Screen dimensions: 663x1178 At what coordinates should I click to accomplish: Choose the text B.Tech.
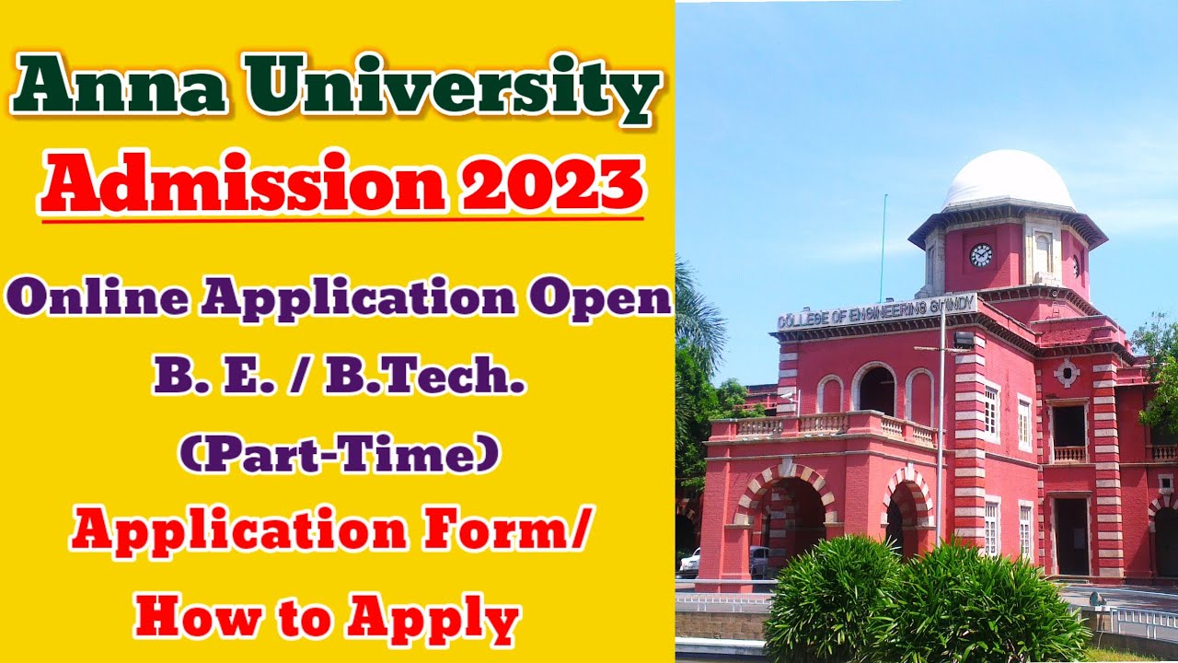point(424,378)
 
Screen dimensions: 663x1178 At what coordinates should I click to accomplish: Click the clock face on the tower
point(981,255)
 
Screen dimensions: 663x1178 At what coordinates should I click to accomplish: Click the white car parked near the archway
point(689,562)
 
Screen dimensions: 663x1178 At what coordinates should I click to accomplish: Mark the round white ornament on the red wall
point(1067,373)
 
